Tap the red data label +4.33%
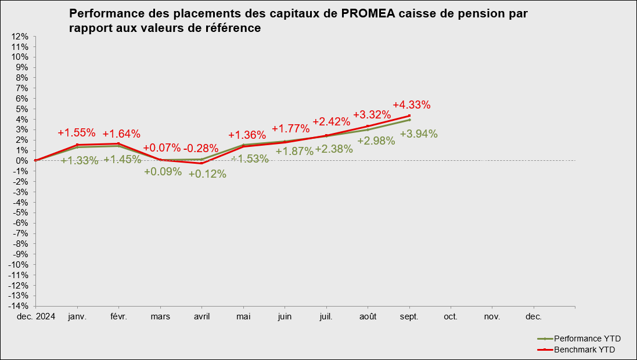click(x=412, y=105)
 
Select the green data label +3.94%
click(x=419, y=134)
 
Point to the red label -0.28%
click(x=201, y=148)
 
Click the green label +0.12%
click(x=207, y=174)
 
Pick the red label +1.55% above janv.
click(x=77, y=132)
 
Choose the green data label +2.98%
click(x=376, y=141)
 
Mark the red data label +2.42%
click(x=332, y=122)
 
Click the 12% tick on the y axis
click(x=20, y=36)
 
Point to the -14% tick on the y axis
click(x=19, y=306)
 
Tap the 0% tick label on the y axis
click(x=22, y=161)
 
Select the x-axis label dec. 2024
click(x=36, y=317)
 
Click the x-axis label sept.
click(x=409, y=317)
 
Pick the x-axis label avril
click(x=201, y=317)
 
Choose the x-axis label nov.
click(x=492, y=317)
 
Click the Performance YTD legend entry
click(x=584, y=339)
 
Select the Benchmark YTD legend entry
click(x=583, y=350)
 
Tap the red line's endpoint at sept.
click(x=409, y=116)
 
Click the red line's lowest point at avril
click(x=201, y=163)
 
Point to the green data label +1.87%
click(x=294, y=151)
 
